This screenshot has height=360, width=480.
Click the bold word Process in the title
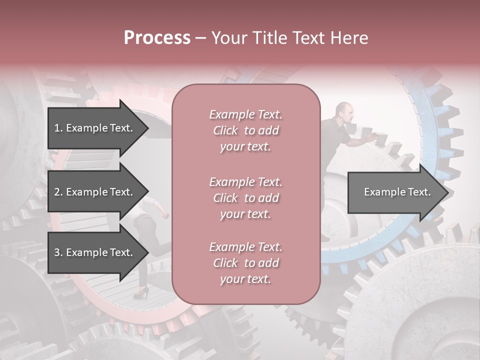(x=157, y=38)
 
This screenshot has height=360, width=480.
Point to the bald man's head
(x=344, y=111)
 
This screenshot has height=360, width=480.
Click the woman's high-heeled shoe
(x=141, y=293)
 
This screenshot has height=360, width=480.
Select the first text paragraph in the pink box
(x=245, y=130)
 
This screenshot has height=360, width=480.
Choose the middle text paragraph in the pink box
(x=245, y=198)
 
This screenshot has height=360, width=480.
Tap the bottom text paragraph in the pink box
(x=245, y=263)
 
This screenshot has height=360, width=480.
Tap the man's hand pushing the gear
(x=370, y=135)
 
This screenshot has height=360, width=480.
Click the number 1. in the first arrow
(x=58, y=128)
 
